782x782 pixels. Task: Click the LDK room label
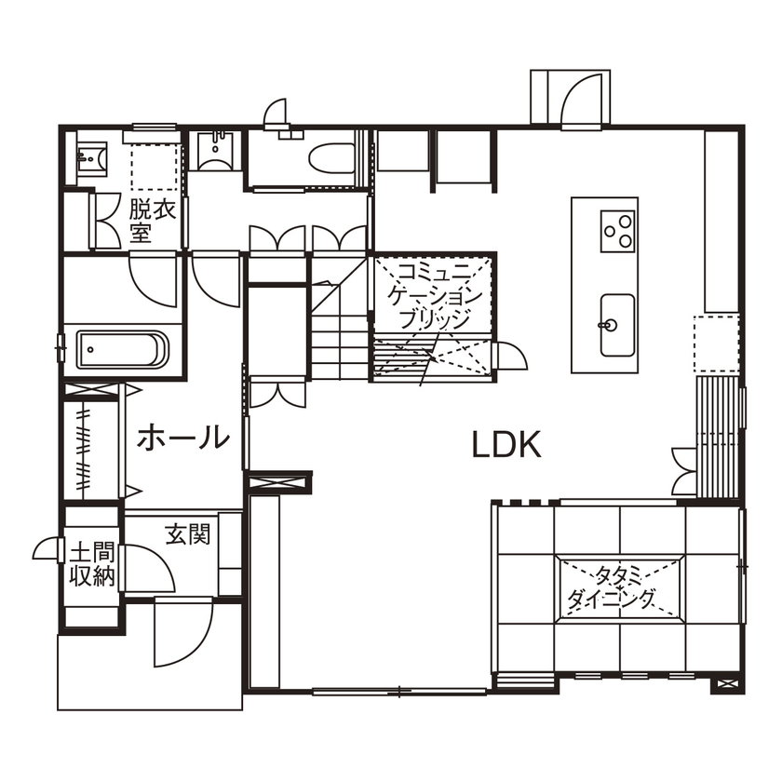[506, 446]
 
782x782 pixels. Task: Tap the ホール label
[183, 437]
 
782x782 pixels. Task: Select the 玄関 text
[188, 534]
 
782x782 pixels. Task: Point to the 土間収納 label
[92, 565]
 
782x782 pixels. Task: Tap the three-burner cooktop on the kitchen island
[617, 229]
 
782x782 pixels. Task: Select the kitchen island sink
[615, 325]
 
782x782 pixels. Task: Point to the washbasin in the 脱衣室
[90, 157]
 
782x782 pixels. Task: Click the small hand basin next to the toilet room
[216, 149]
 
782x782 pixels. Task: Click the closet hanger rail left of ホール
[85, 447]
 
